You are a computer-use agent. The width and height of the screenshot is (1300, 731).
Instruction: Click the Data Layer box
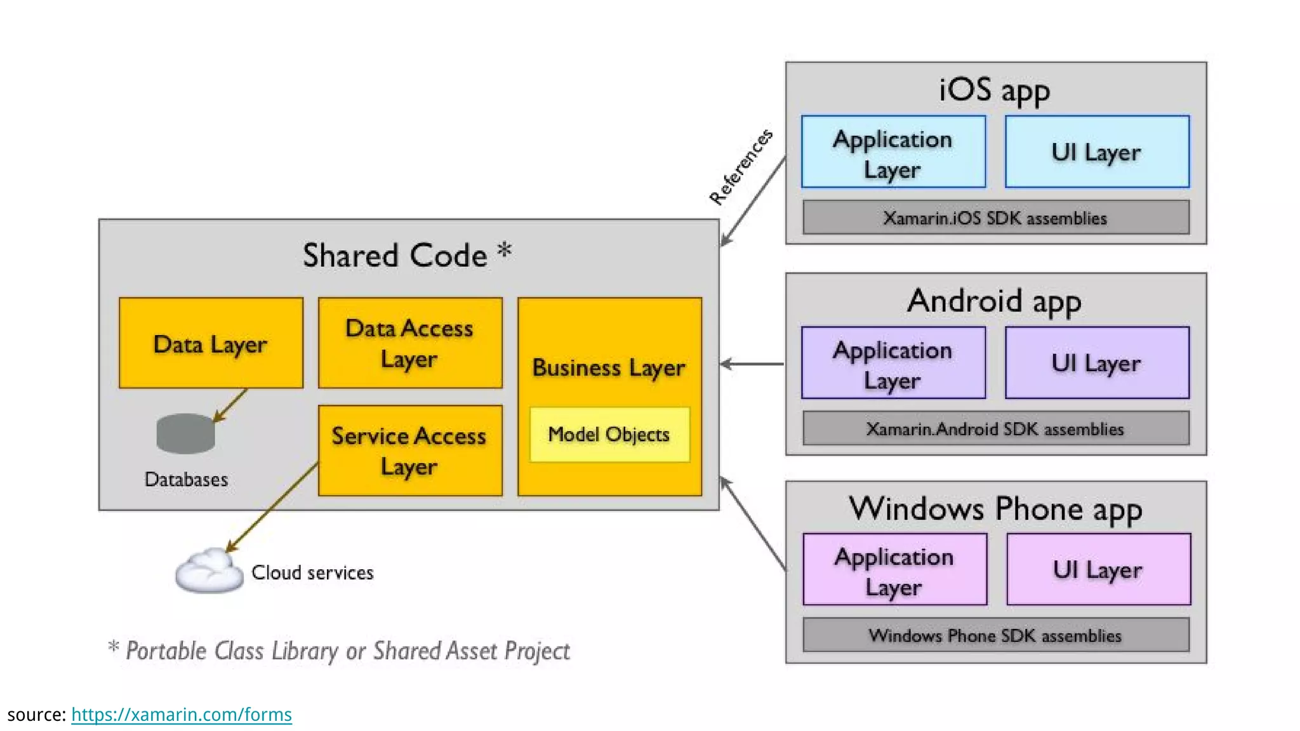point(211,343)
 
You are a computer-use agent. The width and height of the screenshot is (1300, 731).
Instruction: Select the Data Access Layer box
point(410,343)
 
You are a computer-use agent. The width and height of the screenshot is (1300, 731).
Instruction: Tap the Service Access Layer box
point(410,451)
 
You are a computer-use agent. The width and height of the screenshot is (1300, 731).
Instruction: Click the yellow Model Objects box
point(609,435)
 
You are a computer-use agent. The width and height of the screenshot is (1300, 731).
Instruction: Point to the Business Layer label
point(608,368)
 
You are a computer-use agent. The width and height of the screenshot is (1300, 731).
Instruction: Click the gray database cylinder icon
point(185,434)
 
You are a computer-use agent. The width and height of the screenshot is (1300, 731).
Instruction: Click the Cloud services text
point(312,573)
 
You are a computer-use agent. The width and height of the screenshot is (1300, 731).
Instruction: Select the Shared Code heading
point(406,255)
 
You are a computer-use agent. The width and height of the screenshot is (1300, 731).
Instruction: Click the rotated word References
point(741,167)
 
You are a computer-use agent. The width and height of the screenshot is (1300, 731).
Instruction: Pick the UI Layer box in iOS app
point(1097,152)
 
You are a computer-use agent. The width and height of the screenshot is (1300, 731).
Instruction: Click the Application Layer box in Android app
point(893,364)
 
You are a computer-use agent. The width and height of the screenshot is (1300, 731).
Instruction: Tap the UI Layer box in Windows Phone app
point(1098,570)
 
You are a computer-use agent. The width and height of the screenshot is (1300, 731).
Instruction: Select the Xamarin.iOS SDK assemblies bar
point(995,218)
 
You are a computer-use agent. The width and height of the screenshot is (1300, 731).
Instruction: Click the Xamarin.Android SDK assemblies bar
point(995,429)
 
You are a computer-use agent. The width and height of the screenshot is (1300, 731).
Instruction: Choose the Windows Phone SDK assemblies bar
point(995,635)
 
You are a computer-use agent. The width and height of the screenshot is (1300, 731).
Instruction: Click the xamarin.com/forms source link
point(182,715)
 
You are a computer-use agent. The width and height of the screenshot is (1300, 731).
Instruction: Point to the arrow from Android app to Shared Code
point(753,364)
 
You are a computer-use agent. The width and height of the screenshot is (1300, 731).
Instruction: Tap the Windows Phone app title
point(995,509)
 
